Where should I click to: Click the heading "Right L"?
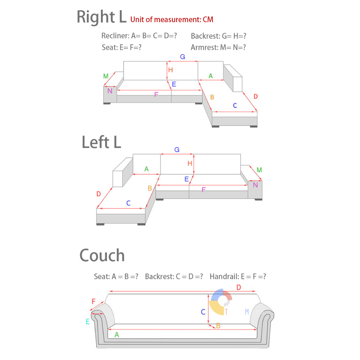point(102,17)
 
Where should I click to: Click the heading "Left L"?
point(101,142)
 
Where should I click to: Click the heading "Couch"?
point(102,255)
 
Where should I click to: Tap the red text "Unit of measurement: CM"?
point(172,19)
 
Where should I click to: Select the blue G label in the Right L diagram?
point(182,57)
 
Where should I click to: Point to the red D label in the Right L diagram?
point(256,96)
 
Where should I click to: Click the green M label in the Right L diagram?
point(106,76)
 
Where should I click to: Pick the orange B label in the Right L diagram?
point(212,97)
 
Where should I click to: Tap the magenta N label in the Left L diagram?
point(255,185)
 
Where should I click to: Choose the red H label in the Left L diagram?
point(190,163)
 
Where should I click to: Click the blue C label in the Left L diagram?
point(128,203)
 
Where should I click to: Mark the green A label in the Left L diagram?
point(147,169)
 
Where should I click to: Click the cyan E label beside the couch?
point(88,321)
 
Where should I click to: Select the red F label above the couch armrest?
point(94,301)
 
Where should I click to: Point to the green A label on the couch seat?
point(117,335)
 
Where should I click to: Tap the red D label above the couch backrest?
point(239,288)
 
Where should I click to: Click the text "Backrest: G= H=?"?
point(219,36)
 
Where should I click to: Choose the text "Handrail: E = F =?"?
point(238,277)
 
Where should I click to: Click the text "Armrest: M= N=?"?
point(218,47)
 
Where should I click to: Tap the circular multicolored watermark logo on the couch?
point(221,301)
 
